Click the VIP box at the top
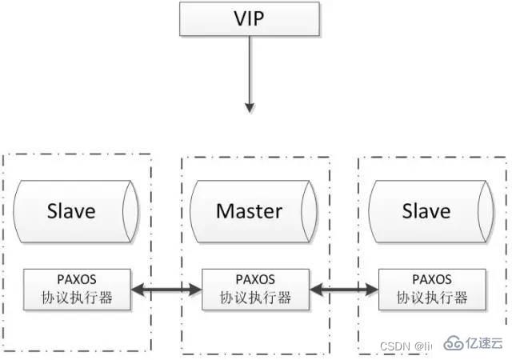250,18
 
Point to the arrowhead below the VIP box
250,106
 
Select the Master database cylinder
249,211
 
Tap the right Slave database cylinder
426,211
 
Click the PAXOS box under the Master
255,290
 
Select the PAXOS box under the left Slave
77,290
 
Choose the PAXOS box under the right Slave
432,290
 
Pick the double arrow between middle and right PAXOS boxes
344,290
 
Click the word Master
249,211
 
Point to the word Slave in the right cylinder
426,211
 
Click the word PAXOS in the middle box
255,280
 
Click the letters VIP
250,18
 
